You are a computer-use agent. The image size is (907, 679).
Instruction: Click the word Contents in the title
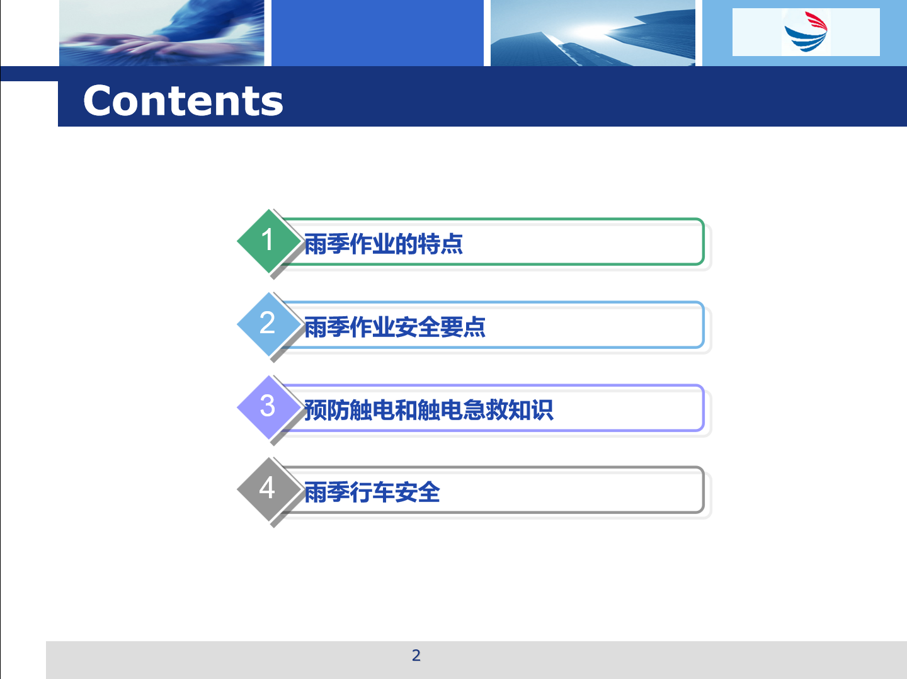(x=183, y=101)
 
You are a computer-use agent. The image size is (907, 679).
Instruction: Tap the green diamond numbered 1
(x=269, y=241)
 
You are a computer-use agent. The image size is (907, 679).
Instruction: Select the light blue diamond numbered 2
(x=269, y=324)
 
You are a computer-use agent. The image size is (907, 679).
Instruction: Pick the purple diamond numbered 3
(x=269, y=408)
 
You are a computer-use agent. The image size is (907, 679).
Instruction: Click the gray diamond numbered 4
(x=269, y=489)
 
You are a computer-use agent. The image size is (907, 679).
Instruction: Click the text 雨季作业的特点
(x=384, y=244)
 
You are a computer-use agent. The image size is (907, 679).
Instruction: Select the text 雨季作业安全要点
(x=395, y=327)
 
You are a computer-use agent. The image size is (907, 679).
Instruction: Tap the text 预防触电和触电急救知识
(x=428, y=410)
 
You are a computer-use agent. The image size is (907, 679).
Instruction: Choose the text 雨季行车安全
(x=372, y=493)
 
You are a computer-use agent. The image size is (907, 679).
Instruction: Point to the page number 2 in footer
(x=416, y=656)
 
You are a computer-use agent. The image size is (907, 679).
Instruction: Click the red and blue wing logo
(x=806, y=31)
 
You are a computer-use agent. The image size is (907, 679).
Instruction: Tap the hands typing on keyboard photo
(x=162, y=33)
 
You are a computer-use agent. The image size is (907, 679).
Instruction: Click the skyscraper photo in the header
(x=593, y=33)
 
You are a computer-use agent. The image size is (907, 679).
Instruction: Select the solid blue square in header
(x=377, y=33)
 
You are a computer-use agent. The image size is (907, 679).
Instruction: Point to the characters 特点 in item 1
(x=440, y=244)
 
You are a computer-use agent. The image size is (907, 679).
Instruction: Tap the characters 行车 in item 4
(x=372, y=493)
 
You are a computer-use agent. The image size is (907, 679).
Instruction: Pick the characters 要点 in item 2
(x=463, y=327)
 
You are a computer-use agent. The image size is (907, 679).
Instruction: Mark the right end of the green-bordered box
(x=704, y=241)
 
